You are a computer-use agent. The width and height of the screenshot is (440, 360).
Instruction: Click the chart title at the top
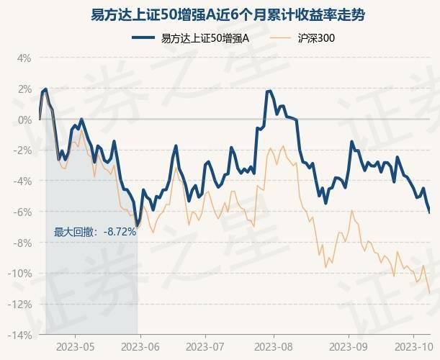[220, 14]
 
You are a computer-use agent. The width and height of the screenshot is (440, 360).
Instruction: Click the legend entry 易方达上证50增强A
[205, 37]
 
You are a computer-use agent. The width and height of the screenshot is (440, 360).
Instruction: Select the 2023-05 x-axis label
[75, 346]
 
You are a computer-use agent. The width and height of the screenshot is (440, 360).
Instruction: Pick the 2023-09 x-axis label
[349, 346]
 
